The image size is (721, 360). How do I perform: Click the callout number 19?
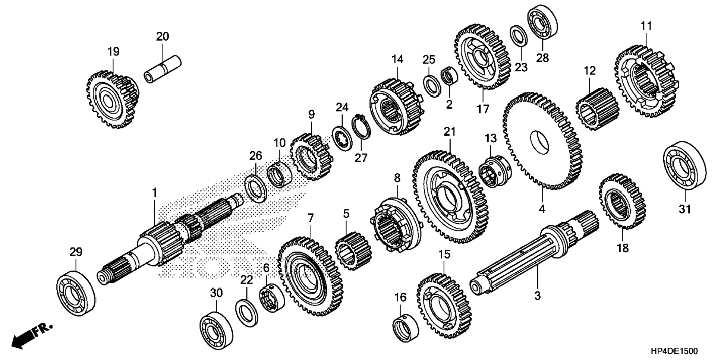pos(113,51)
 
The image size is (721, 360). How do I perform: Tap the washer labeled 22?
pos(246,312)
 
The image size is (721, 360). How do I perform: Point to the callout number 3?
pos(537,296)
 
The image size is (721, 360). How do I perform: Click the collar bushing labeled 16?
pos(406,328)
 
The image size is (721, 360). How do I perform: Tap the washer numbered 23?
pos(519,36)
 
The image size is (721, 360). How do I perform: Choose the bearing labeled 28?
pos(542,22)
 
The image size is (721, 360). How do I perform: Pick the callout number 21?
pos(450,131)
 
